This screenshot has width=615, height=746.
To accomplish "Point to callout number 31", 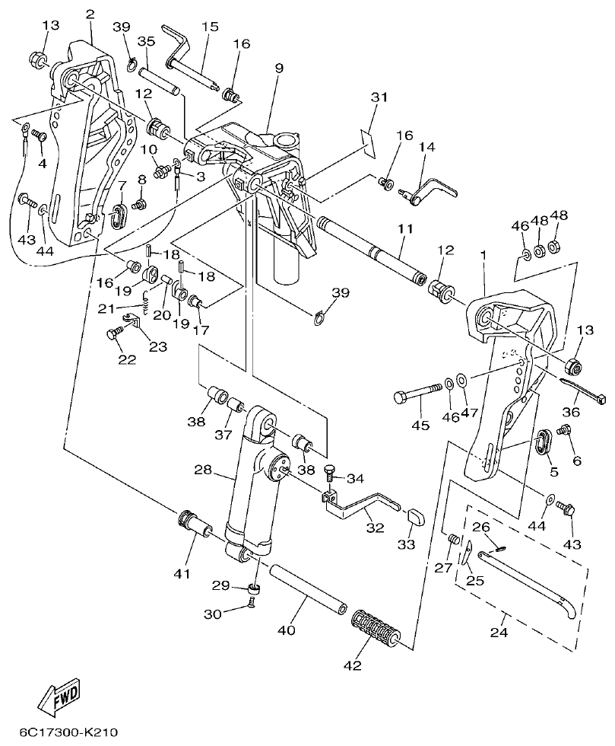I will [x=379, y=97].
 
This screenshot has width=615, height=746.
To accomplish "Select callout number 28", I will [x=203, y=470].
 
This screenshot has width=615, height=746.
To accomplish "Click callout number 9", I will [x=279, y=69].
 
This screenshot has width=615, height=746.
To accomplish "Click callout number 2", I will [x=90, y=14].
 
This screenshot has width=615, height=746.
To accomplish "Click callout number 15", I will [x=210, y=27].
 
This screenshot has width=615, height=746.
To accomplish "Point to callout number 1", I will [x=483, y=257].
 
